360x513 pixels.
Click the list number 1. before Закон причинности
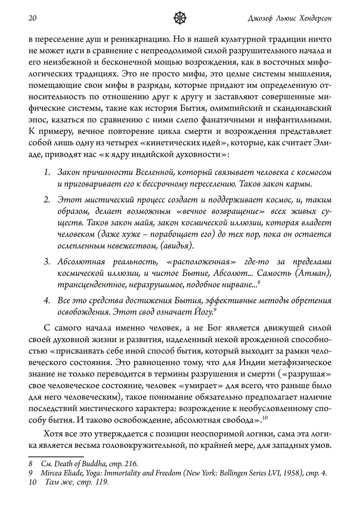point(47,173)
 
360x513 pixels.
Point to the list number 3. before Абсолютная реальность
point(47,262)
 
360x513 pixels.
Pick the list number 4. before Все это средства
point(47,300)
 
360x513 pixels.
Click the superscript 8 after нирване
point(259,282)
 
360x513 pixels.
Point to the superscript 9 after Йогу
point(215,309)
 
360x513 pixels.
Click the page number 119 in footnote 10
point(100,482)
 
